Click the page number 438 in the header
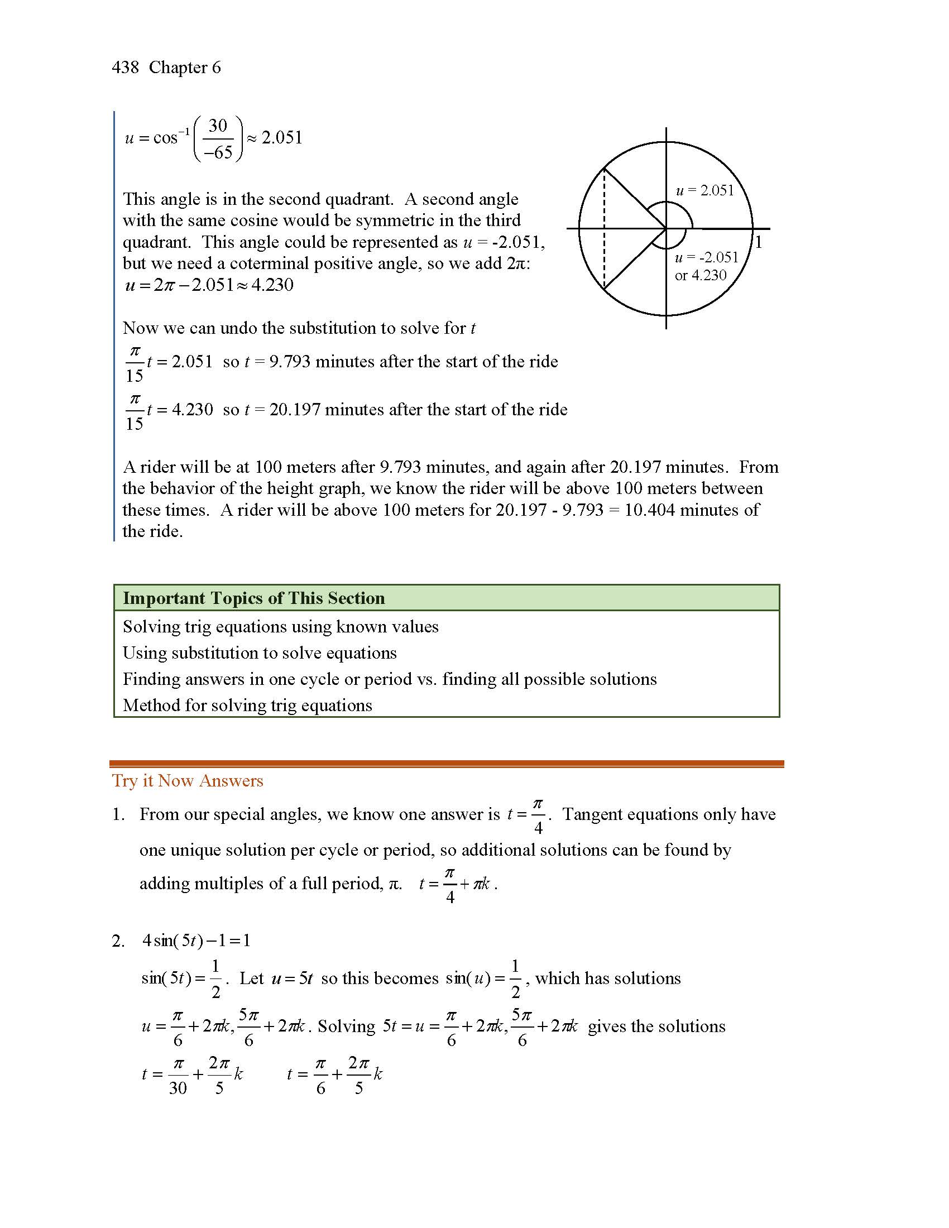[125, 68]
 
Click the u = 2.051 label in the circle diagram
[704, 190]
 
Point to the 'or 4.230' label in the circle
[701, 276]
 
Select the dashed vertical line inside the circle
[604, 229]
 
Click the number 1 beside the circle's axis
[759, 243]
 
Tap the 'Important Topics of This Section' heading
[253, 598]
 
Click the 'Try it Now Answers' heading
[187, 781]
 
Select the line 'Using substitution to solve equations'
[259, 653]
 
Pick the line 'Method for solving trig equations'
[247, 706]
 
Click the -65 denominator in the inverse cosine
[218, 152]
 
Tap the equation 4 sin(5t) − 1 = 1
[196, 941]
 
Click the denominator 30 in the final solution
[178, 1088]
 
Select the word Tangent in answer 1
[592, 815]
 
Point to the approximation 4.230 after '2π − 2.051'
[272, 285]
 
